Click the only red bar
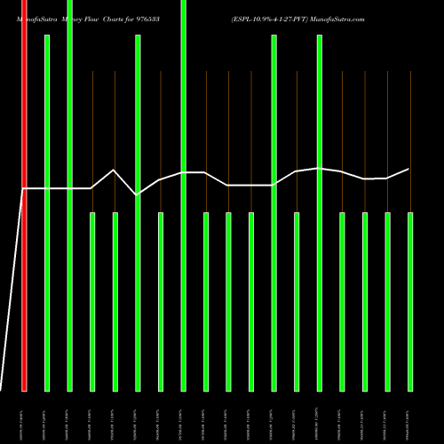[x=24, y=195]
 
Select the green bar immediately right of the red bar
[x=47, y=213]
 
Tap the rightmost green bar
[x=409, y=301]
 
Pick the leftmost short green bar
[x=92, y=301]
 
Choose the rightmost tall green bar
[x=319, y=213]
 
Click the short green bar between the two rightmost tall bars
[x=297, y=301]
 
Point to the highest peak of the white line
[x=115, y=170]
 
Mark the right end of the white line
[x=409, y=169]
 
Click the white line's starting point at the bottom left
[x=2, y=389]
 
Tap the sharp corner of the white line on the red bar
[x=24, y=188]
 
